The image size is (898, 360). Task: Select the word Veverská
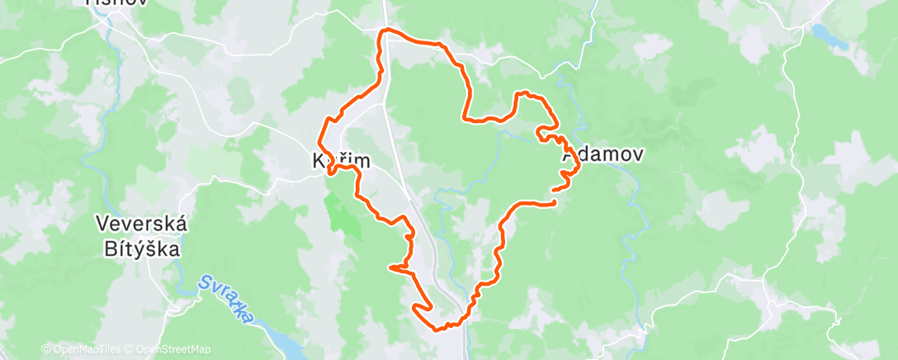click(x=143, y=224)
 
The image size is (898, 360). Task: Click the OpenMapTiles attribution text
click(x=82, y=349)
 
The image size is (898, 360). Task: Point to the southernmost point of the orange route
click(x=442, y=329)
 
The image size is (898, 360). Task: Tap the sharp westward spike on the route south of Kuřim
click(x=389, y=267)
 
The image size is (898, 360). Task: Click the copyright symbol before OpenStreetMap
click(x=130, y=349)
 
